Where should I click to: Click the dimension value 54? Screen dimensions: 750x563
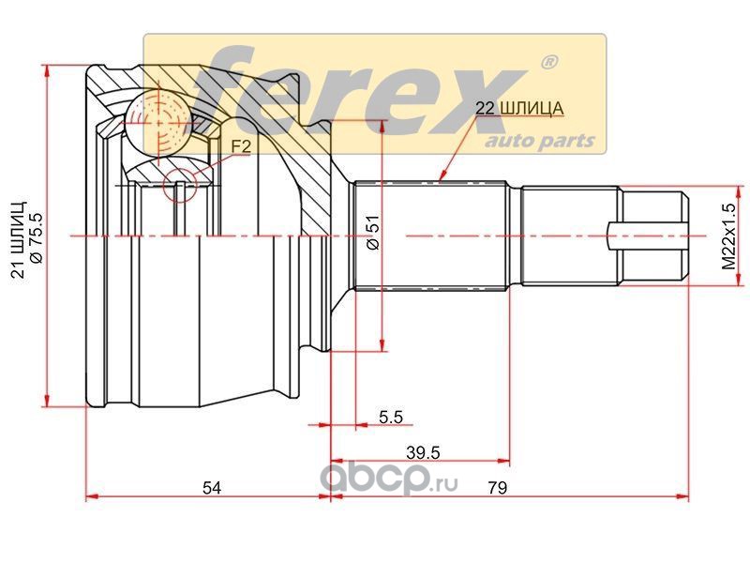coord(212,488)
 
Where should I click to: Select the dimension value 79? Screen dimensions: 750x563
coord(498,488)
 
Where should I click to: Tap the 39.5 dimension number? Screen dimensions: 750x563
coord(423,452)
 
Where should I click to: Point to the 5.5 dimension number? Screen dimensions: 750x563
coord(391,417)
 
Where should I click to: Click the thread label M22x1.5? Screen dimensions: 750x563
coord(729,236)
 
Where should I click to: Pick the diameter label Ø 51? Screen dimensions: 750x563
coord(372,232)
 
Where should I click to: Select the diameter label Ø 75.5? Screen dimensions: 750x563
coord(37,237)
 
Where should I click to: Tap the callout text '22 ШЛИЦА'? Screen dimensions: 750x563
coord(519,109)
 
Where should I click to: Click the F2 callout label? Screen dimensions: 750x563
coord(241,146)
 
